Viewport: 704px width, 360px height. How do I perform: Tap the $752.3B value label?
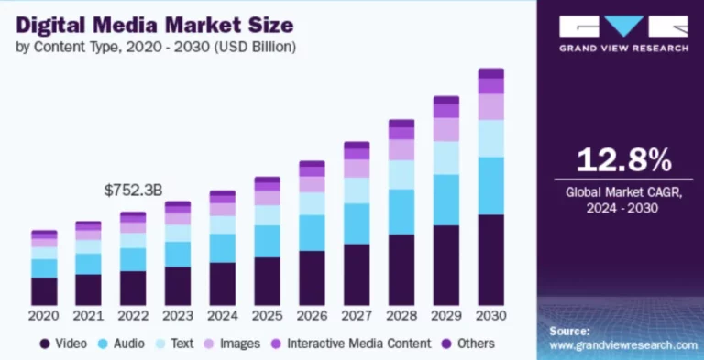pos(134,191)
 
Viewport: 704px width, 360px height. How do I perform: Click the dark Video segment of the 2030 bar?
pos(491,260)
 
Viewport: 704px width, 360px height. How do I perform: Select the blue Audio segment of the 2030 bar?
pos(491,186)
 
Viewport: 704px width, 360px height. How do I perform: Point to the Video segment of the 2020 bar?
pos(44,291)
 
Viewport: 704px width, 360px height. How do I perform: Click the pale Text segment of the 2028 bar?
pos(401,175)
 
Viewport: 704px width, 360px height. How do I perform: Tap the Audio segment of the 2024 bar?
pos(223,248)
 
